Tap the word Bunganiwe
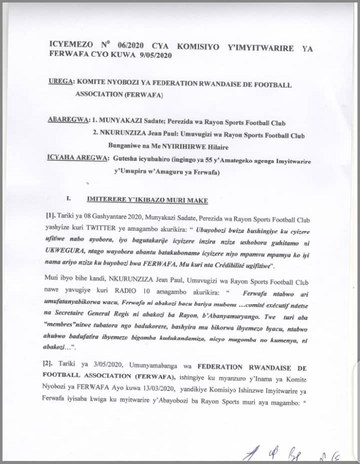121,146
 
